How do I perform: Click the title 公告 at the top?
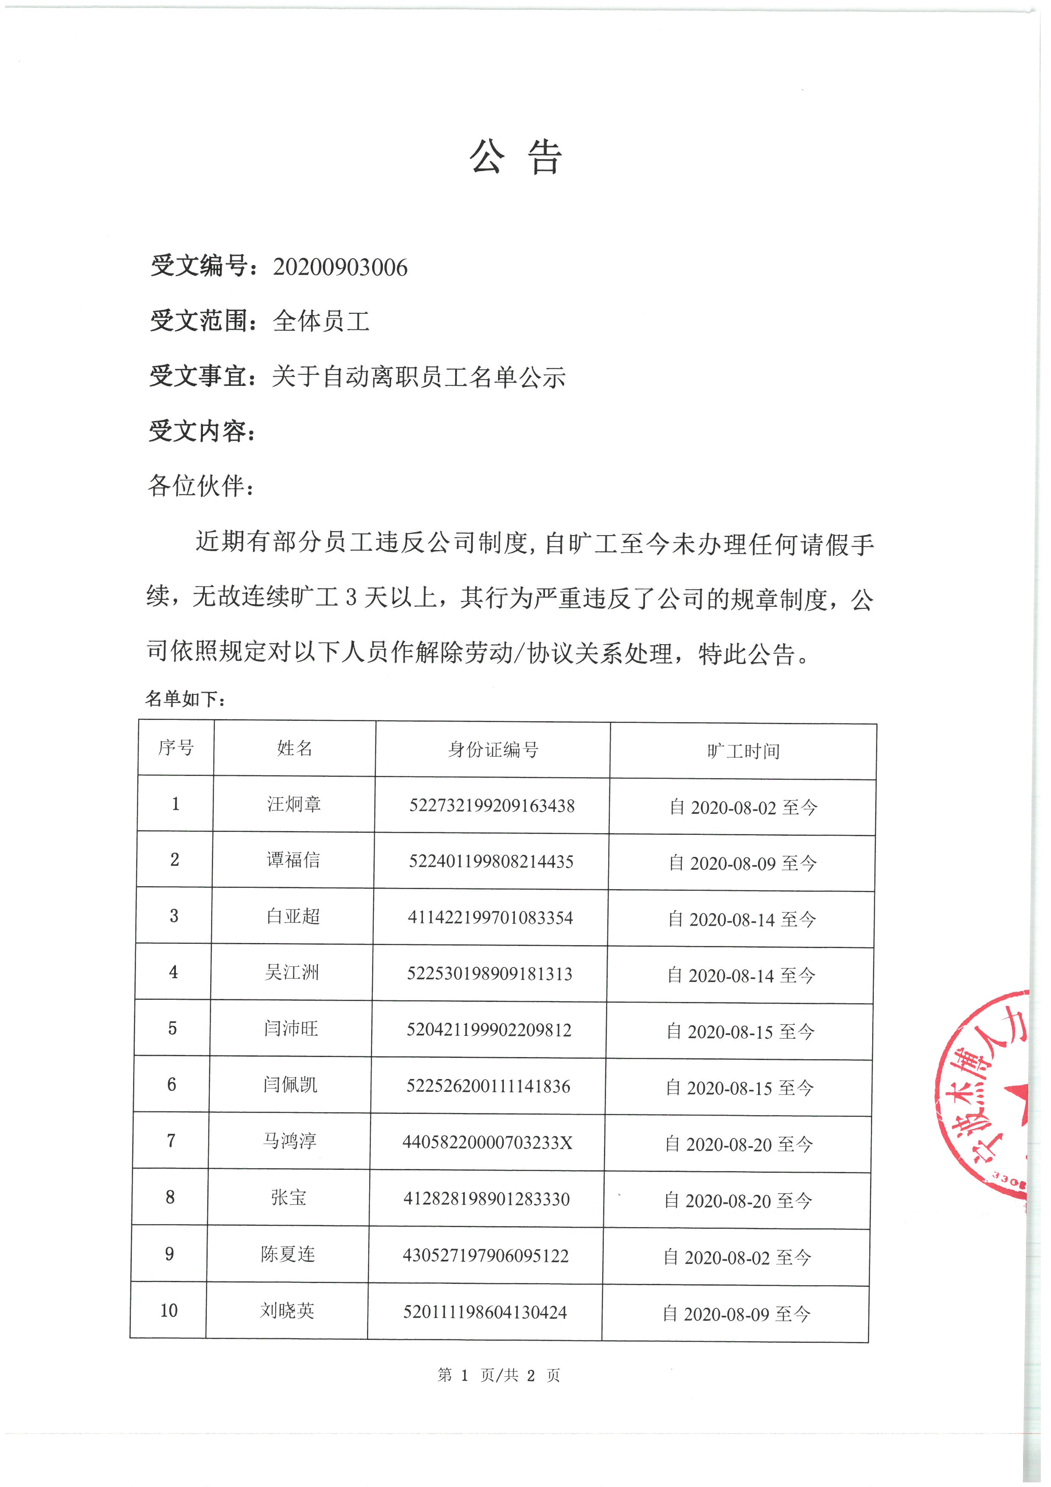point(516,157)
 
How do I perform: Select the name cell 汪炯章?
point(294,804)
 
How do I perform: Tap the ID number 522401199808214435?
point(491,861)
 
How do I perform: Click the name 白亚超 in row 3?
point(293,916)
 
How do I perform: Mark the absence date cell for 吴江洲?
point(741,975)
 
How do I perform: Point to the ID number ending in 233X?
point(487,1142)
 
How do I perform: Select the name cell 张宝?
point(289,1197)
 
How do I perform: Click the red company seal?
point(984,1096)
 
